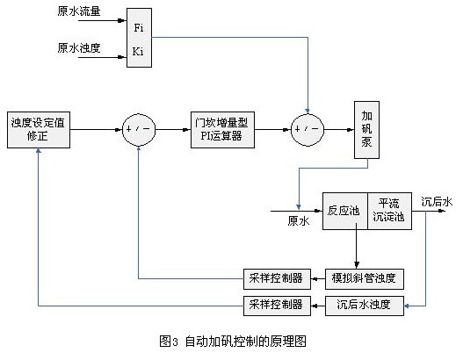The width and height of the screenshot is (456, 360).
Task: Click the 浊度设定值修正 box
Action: pyautogui.click(x=39, y=130)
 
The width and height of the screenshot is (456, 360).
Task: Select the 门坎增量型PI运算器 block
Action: pyautogui.click(x=222, y=130)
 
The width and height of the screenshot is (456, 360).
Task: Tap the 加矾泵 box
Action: pyautogui.click(x=366, y=130)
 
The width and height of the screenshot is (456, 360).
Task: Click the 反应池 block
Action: pyautogui.click(x=345, y=211)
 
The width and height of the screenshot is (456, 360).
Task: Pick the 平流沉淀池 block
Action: pyautogui.click(x=389, y=211)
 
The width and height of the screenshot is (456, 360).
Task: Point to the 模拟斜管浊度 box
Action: pyautogui.click(x=365, y=278)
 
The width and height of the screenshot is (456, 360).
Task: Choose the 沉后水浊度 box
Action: pyautogui.click(x=365, y=306)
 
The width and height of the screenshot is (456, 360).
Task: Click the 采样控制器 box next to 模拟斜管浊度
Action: pyautogui.click(x=277, y=278)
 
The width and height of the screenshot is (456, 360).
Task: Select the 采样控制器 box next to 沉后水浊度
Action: pyautogui.click(x=277, y=306)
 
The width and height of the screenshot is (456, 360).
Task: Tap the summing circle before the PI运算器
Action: pyautogui.click(x=139, y=130)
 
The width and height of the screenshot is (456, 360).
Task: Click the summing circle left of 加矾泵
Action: pyautogui.click(x=308, y=130)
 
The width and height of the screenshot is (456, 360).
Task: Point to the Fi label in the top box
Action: pyautogui.click(x=139, y=28)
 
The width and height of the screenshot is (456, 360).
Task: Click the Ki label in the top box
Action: pyautogui.click(x=138, y=52)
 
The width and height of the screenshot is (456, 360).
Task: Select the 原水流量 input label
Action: pyautogui.click(x=79, y=11)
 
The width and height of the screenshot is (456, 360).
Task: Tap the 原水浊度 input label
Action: pyautogui.click(x=79, y=47)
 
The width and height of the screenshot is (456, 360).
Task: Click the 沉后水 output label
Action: pyautogui.click(x=437, y=202)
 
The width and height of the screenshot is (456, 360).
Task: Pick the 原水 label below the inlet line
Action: pyautogui.click(x=299, y=221)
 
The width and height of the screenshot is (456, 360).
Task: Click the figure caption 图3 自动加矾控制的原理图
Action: pyautogui.click(x=233, y=342)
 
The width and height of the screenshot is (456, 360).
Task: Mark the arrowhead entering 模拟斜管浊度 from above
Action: pyautogui.click(x=357, y=265)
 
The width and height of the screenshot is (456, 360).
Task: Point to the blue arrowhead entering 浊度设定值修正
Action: pyautogui.click(x=39, y=151)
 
